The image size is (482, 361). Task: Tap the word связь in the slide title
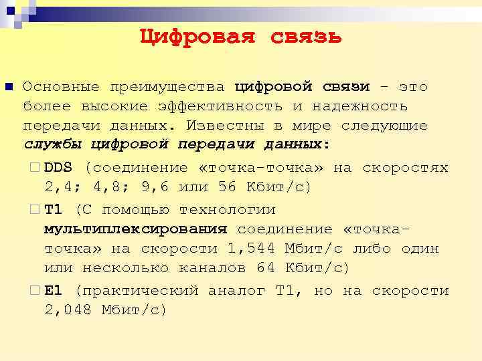[x=306, y=36]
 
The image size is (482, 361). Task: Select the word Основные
[x=61, y=87]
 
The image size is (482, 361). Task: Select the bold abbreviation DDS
[x=59, y=167]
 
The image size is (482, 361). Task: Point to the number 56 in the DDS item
[x=228, y=187]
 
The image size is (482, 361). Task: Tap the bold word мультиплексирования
[x=136, y=229]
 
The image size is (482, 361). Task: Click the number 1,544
[x=252, y=249]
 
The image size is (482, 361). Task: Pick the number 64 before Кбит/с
[x=266, y=268]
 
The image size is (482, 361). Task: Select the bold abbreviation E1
[x=54, y=291]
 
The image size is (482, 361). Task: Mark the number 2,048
[x=68, y=310]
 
